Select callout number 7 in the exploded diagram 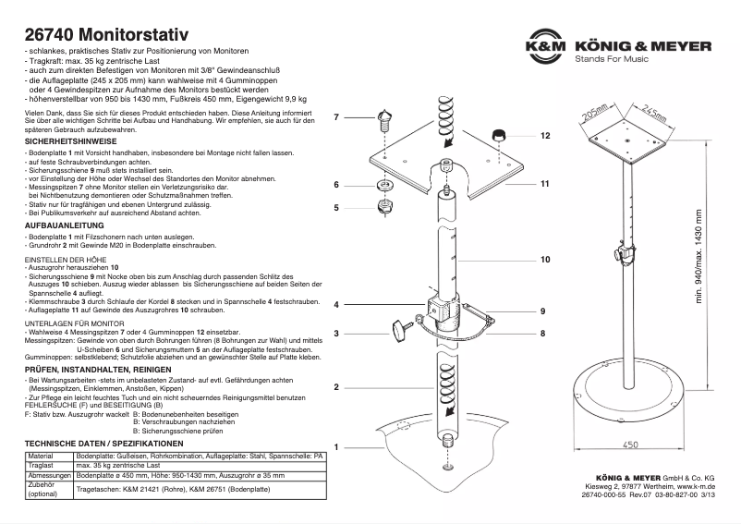coord(336,117)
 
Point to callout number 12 coord(545,136)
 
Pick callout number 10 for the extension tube coord(545,261)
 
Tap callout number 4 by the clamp coord(336,304)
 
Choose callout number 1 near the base coord(336,446)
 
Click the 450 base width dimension coord(630,445)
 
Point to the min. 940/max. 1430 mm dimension coord(698,266)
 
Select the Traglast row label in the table coord(43,465)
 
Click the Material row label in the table coord(42,457)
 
